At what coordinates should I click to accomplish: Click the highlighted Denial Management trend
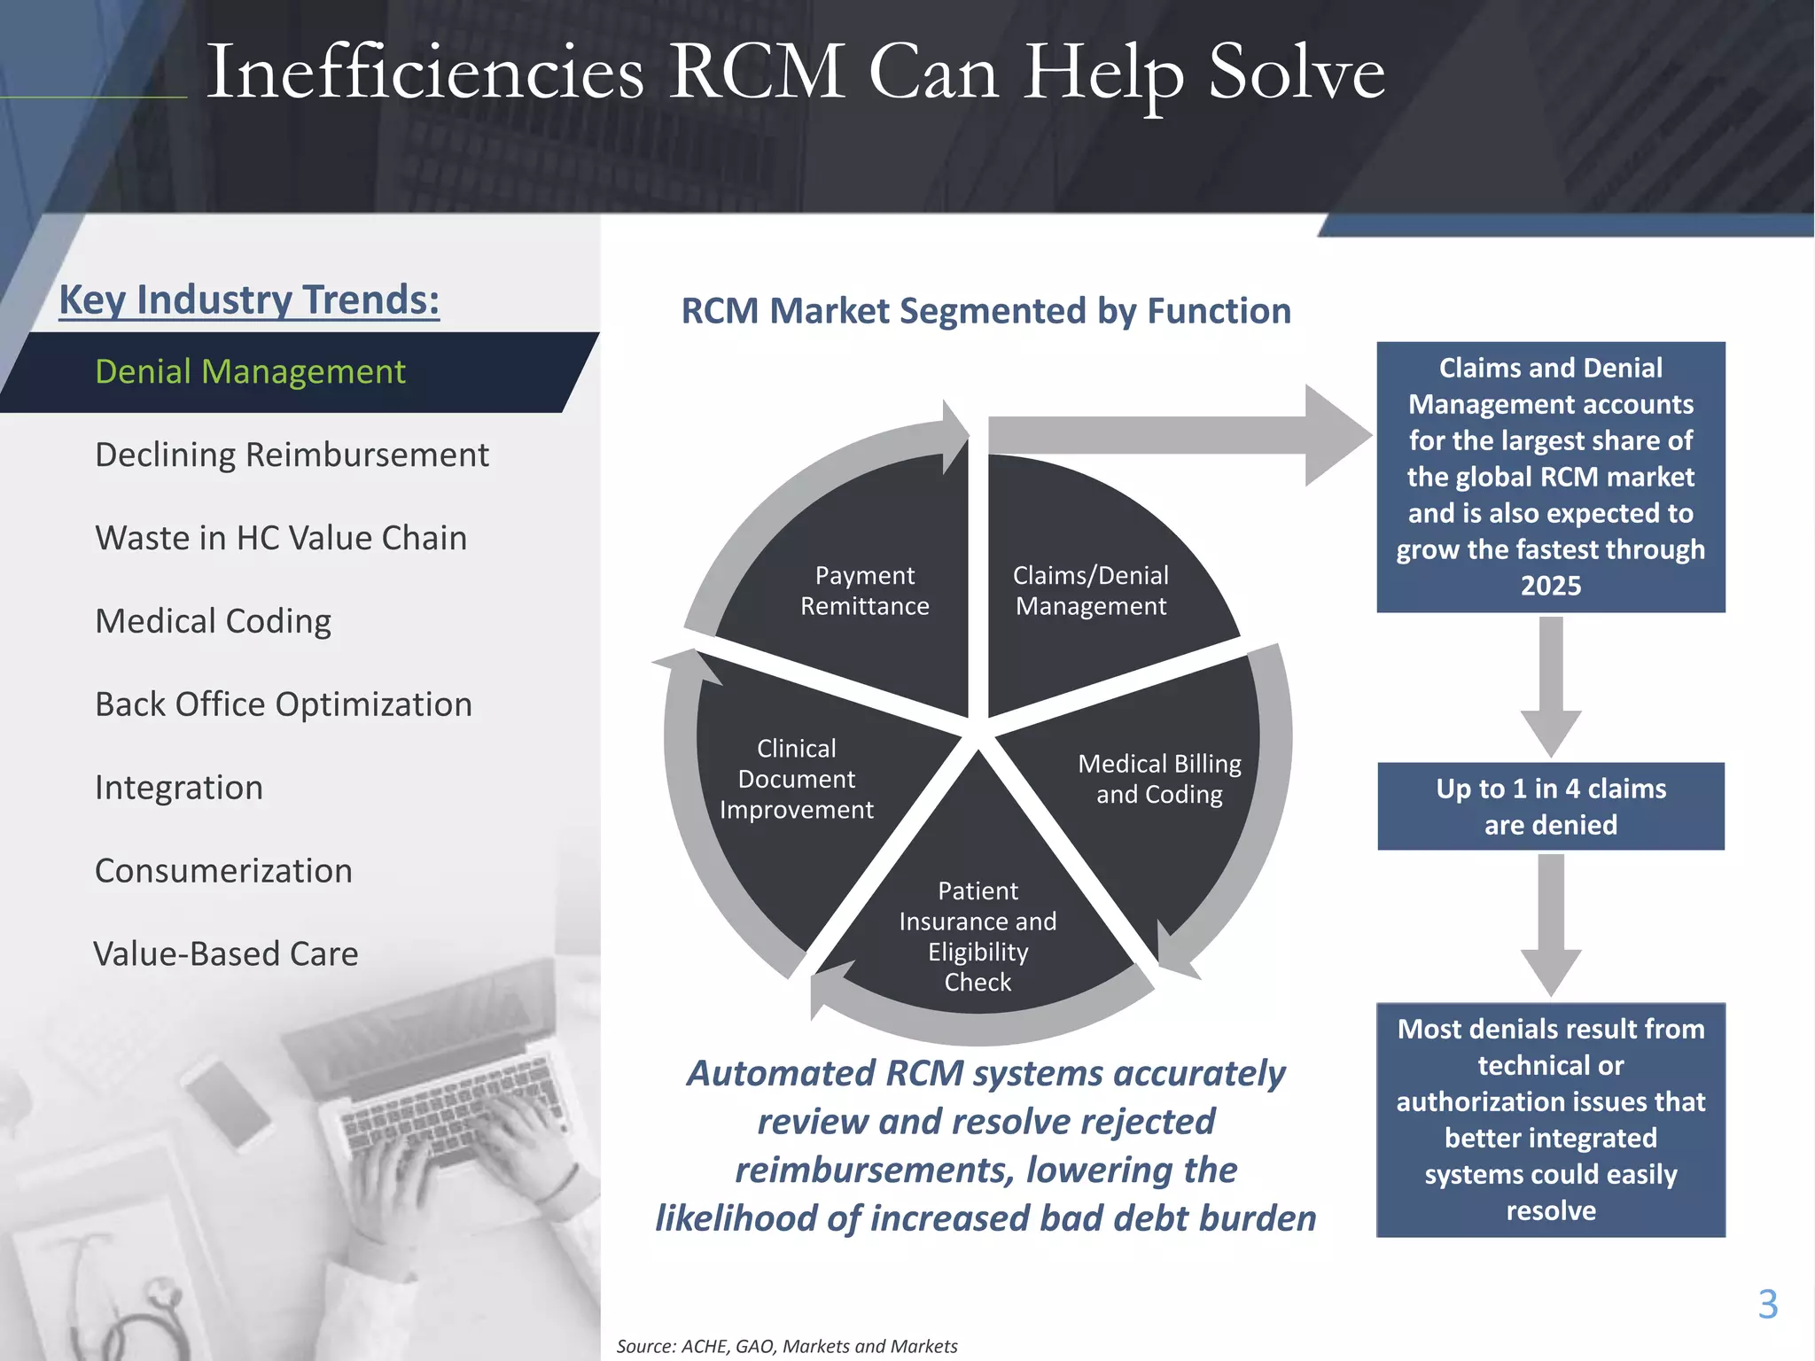pos(250,372)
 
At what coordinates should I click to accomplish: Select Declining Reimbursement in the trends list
pos(292,455)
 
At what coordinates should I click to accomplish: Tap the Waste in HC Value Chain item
pos(281,539)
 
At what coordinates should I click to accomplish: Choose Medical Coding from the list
pos(213,622)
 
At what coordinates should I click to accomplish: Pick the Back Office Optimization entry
pos(284,705)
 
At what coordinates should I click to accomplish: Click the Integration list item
pos(179,789)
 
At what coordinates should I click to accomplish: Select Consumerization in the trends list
pos(223,872)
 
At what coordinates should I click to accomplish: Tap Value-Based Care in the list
pos(226,954)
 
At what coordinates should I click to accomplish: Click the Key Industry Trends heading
pos(249,299)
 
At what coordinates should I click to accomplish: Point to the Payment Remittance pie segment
pos(865,591)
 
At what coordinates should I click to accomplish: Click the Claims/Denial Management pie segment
pos(1091,591)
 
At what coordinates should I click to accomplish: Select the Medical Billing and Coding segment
pos(1159,780)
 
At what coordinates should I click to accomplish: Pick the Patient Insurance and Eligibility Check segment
pos(978,937)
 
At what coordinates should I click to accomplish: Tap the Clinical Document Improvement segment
pos(797,780)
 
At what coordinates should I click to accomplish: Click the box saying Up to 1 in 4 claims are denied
pos(1551,806)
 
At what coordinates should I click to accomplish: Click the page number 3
pos(1767,1304)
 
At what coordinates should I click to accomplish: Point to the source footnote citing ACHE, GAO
pos(787,1346)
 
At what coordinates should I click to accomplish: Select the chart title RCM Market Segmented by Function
pos(985,311)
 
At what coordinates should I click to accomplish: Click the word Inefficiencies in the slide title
pos(425,73)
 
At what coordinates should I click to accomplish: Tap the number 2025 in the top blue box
pos(1551,586)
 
